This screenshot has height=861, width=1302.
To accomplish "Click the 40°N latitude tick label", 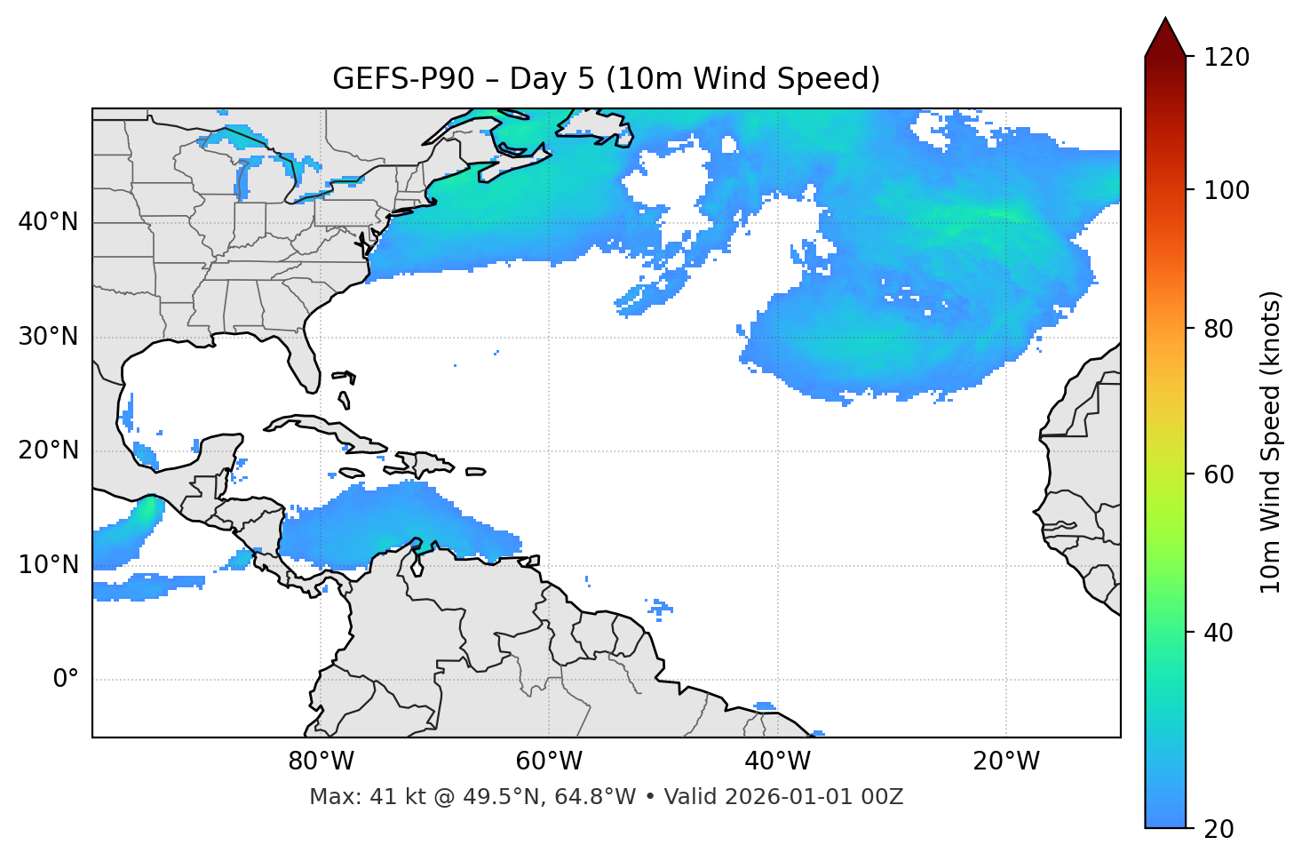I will tap(48, 221).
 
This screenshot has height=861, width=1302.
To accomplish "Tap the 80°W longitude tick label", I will tap(321, 761).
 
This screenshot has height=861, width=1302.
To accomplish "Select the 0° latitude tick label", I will tap(66, 680).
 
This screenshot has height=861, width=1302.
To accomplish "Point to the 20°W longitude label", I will tap(1006, 761).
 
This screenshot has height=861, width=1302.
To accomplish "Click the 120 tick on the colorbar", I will tap(1227, 58).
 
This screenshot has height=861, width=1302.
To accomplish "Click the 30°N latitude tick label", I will tap(48, 337).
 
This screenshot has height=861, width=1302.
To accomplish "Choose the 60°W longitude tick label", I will tap(549, 761).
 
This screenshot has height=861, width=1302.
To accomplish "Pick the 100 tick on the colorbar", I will tap(1227, 190).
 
